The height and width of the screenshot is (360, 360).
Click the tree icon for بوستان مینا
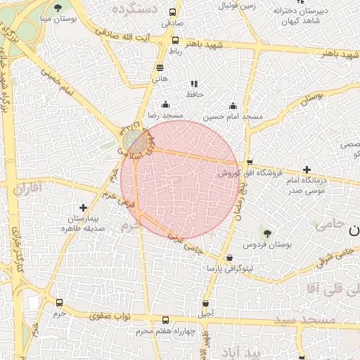point(58,9)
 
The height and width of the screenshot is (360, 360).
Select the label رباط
point(176,51)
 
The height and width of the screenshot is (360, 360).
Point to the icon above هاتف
point(160,68)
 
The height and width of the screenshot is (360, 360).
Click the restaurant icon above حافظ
point(194,84)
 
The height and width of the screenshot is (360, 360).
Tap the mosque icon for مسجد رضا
point(165,104)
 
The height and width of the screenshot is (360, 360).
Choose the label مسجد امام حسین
point(233,115)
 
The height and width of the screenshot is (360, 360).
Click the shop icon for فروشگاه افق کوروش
point(250,162)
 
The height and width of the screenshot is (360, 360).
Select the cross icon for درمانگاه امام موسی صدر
point(306,169)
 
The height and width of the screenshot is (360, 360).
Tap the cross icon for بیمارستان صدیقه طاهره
point(84,207)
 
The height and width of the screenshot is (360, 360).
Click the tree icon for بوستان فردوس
point(266,233)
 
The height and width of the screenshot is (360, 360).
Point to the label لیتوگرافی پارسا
point(231,269)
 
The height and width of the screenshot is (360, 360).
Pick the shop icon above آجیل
point(206,303)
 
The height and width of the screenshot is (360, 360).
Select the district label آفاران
point(28,188)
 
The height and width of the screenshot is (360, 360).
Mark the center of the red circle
point(180,180)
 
